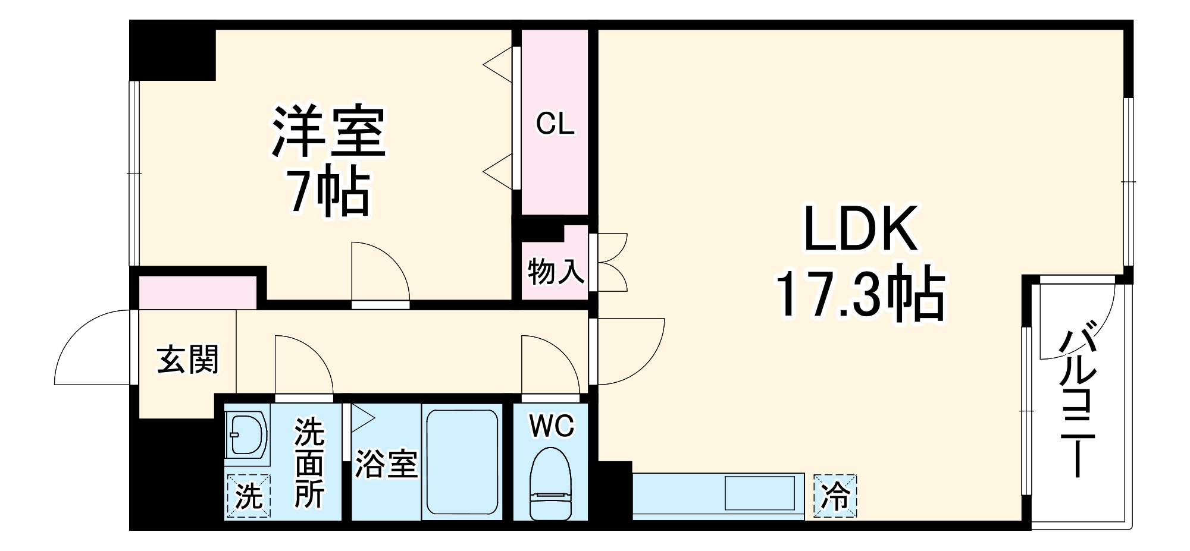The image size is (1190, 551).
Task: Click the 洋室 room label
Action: click(329, 131)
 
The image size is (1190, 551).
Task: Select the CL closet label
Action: click(555, 124)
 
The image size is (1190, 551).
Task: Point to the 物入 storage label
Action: click(555, 272)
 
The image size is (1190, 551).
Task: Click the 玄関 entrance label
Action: click(187, 360)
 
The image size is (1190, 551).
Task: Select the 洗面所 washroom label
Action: click(309, 462)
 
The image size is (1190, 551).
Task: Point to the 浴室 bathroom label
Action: click(386, 464)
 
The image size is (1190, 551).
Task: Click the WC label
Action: click(552, 426)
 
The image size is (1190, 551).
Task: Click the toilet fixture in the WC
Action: click(550, 481)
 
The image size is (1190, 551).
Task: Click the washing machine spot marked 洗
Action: click(248, 496)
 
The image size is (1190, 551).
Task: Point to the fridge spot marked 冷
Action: click(835, 496)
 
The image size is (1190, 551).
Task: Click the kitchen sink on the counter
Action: click(759, 492)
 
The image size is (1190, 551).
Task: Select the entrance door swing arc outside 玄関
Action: click(89, 348)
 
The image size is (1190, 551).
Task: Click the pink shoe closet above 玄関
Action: click(197, 292)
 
